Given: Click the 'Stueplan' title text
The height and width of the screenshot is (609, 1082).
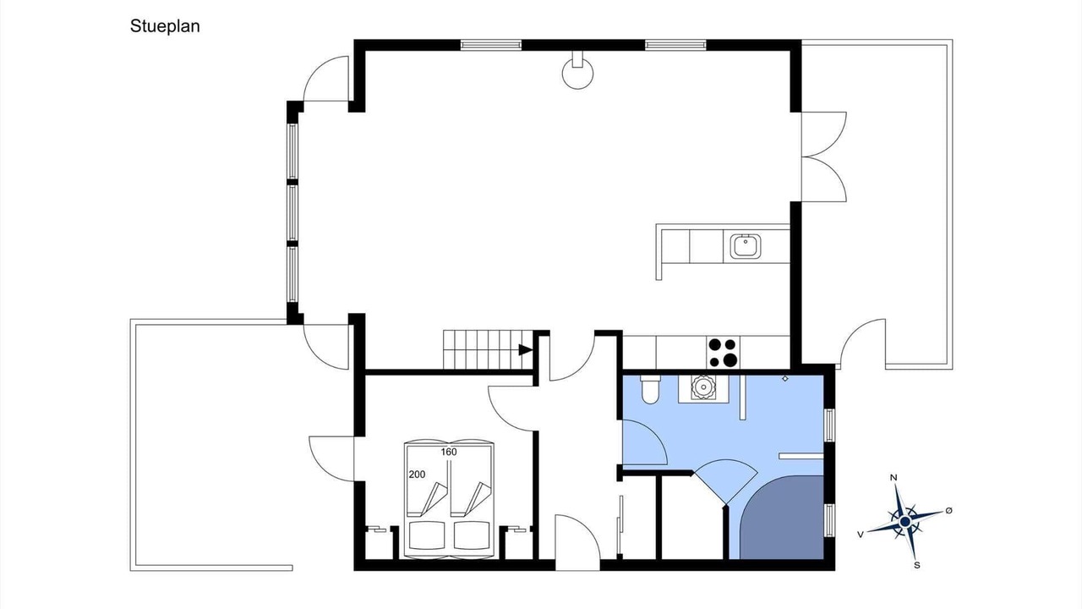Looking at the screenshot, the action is coord(165,26).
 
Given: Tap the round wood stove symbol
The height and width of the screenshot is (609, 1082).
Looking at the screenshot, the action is coord(577,73).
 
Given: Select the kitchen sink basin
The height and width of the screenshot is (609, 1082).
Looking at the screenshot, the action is coord(746,246).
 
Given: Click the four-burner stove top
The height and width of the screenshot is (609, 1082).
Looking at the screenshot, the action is coord(723,352).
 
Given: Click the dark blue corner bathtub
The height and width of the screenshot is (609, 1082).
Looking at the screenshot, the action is coord(782,517).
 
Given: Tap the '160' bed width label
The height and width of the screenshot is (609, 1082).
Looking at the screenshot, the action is coord(449,452).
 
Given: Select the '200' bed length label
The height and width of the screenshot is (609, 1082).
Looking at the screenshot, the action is coord(417,475).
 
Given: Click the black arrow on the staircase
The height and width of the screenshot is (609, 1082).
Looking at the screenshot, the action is coord(526,349).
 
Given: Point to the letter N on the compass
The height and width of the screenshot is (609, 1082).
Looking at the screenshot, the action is coord(893,478).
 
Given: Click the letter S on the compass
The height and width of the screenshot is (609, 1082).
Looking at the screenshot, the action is coord(917,565).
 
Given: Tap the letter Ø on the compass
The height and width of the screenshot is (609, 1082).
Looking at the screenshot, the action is coord(948,510).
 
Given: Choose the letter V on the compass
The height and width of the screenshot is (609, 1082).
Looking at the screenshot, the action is coord(861,534).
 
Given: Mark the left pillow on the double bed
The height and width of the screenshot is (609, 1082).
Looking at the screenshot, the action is coord(427,535).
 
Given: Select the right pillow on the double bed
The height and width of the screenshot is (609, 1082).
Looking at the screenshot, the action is coord(472,535).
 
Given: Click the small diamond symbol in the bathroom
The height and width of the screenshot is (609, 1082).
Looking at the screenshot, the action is coord(785,379).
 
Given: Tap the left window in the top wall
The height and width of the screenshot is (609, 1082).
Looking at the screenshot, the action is coord(491,46).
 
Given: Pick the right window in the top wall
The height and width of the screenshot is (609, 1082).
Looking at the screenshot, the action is coord(675,46).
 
